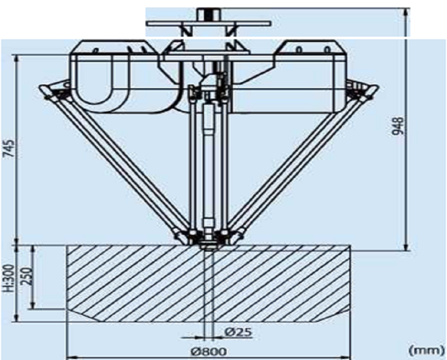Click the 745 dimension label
point(10,148)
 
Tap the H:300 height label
point(9,278)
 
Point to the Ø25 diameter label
point(238,332)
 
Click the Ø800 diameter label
point(209,352)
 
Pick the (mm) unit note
point(426,350)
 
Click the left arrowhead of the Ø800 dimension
point(70,357)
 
